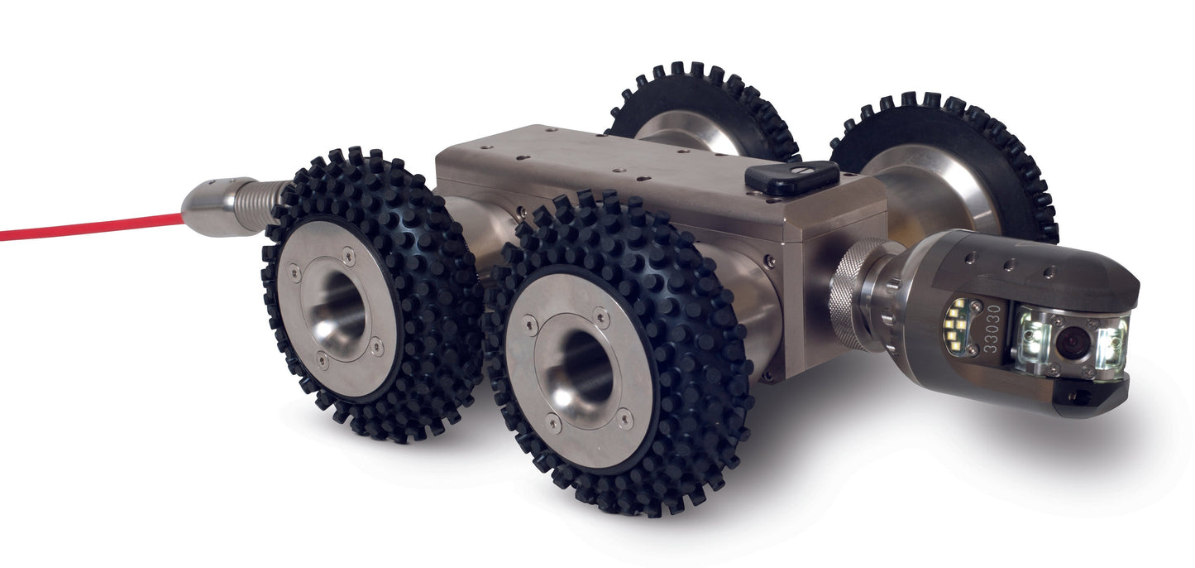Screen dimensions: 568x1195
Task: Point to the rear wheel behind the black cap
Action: (x=703, y=108)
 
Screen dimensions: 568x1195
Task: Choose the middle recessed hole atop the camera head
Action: (x=1009, y=264)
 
